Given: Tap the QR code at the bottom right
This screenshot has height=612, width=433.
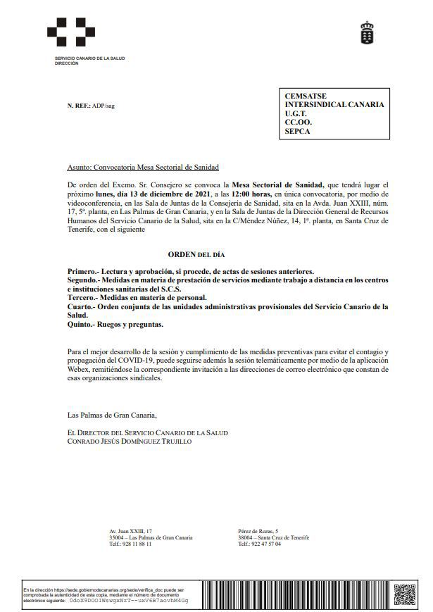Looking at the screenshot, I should [405, 594].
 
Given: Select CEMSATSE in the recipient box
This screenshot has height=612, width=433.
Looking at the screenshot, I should [306, 95].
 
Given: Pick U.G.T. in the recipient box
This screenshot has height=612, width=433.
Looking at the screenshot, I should [296, 113].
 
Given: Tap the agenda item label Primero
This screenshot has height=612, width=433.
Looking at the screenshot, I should [84, 271].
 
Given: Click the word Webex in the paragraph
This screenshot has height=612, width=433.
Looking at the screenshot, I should [78, 368].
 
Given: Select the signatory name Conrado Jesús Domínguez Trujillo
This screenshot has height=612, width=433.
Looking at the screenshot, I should [128, 442].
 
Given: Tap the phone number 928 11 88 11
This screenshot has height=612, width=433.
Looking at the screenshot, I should [137, 544].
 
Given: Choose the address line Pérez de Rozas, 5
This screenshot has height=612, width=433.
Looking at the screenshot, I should [258, 530].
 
